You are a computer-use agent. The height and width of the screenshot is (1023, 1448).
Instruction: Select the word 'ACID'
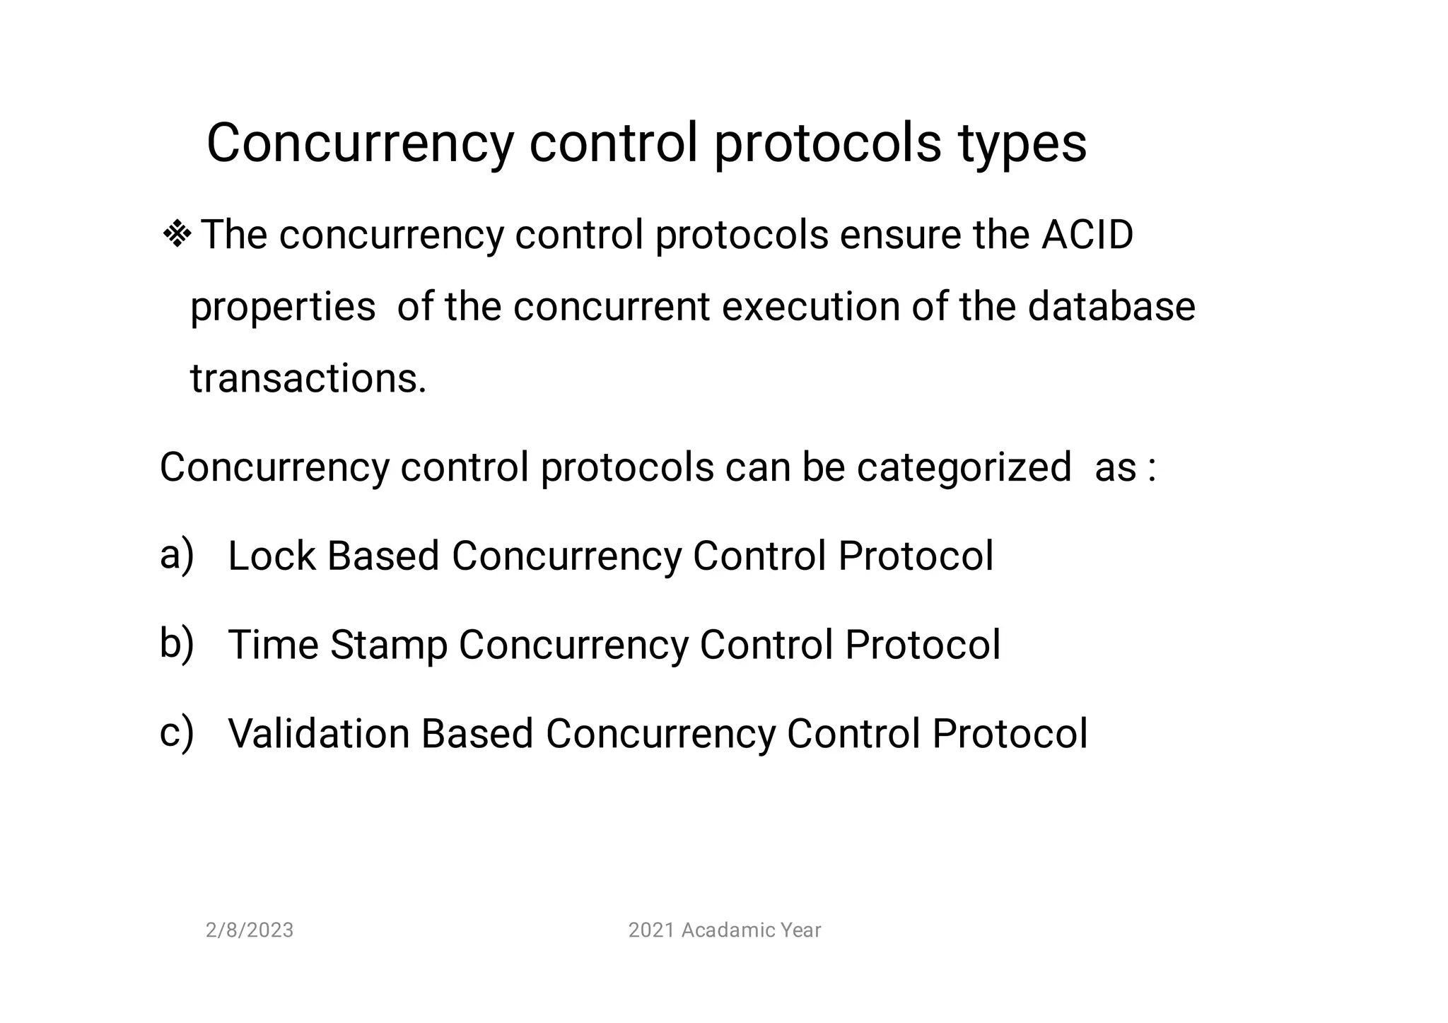point(1087,235)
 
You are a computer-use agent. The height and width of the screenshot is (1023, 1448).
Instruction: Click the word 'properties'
point(283,308)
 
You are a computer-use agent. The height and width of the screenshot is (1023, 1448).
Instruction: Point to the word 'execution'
point(810,307)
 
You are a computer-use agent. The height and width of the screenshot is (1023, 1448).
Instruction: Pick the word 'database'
point(1111,307)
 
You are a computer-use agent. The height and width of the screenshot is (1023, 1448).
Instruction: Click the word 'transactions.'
point(308,379)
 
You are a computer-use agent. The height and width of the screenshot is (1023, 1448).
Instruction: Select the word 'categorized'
point(964,468)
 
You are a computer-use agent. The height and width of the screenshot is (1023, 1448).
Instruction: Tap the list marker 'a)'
point(176,555)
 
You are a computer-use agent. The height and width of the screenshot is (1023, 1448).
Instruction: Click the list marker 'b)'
point(176,644)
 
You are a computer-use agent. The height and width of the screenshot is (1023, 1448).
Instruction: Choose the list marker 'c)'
point(176,732)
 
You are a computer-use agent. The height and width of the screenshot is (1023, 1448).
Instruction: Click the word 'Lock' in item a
point(271,556)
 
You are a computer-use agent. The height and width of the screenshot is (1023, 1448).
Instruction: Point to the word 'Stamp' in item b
point(388,645)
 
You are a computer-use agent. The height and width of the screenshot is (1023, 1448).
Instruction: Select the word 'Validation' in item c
point(319,733)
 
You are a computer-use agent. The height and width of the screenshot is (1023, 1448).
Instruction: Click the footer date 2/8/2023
point(249,930)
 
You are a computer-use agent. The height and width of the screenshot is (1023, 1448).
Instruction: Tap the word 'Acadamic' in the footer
point(717,930)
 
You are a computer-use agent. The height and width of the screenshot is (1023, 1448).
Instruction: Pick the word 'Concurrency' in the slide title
point(360,145)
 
